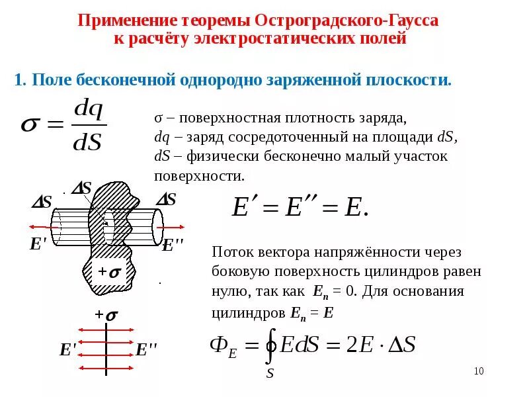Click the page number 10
click(x=479, y=371)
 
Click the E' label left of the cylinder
click(x=38, y=244)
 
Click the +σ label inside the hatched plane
click(x=108, y=272)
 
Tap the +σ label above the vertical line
click(x=106, y=316)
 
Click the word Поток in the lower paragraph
click(x=229, y=253)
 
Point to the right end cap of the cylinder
click(x=157, y=227)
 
